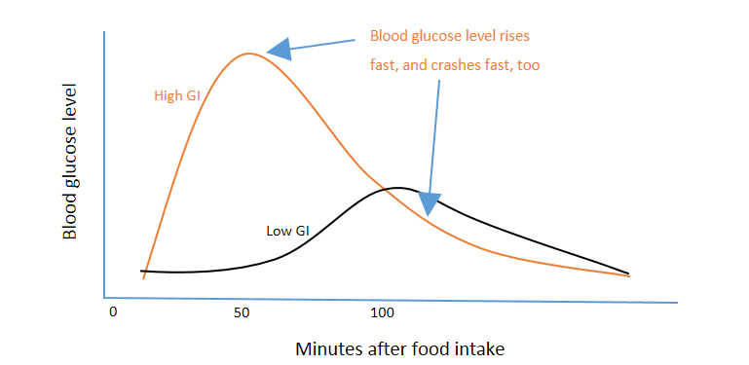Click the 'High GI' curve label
tap(176, 95)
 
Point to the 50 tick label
tap(243, 312)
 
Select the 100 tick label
tap(382, 312)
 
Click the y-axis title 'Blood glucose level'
tap(70, 162)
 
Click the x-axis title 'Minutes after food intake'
tap(400, 347)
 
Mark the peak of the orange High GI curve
tap(250, 53)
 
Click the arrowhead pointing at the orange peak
tap(280, 47)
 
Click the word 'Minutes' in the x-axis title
tap(326, 347)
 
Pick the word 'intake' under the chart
tap(483, 347)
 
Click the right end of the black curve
tap(628, 274)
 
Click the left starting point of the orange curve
tap(144, 278)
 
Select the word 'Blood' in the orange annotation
tap(390, 37)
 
